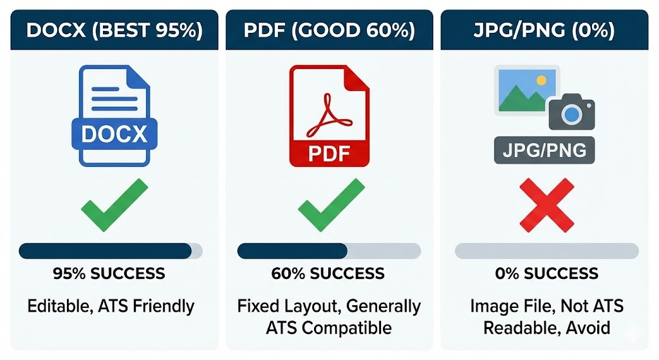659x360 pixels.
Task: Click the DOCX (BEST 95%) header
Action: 115,30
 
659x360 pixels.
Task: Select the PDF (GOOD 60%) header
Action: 329,30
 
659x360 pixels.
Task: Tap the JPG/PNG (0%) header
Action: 544,30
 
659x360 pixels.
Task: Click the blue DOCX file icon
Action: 115,116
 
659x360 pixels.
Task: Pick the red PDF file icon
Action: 329,116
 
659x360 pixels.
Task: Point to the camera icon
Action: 571,112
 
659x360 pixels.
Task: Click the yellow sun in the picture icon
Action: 541,80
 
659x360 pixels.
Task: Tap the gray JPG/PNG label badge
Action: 544,150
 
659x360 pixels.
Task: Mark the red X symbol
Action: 547,205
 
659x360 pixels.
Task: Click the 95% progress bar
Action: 111,251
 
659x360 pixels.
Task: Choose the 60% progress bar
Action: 329,251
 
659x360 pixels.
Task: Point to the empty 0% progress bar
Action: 547,251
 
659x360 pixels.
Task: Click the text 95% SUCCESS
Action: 109,274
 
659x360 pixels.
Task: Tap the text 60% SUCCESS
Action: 328,274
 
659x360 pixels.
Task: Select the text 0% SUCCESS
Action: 546,274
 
